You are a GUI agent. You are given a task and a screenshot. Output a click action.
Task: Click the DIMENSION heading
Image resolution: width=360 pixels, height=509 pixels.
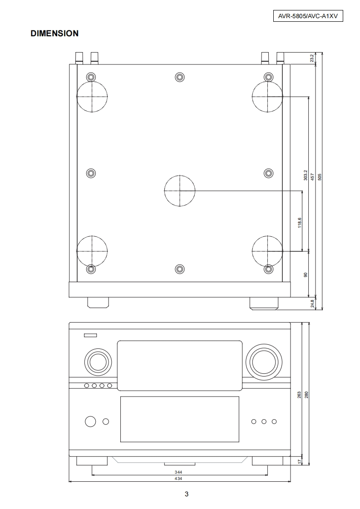coord(54,34)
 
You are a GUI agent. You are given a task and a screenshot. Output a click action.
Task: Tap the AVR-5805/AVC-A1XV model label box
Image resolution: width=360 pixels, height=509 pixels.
coord(308,16)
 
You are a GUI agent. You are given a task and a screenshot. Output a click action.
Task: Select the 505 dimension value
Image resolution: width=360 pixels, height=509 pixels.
coord(320,177)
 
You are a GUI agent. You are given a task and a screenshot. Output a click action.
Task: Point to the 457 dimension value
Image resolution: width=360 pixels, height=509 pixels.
coord(312,177)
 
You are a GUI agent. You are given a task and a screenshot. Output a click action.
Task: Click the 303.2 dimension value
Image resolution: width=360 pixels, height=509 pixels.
coord(306,175)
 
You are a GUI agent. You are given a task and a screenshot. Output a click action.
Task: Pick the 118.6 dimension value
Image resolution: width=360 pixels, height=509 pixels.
coord(300,223)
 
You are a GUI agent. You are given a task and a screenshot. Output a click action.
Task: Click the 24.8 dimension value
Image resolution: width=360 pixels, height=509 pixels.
coord(312,304)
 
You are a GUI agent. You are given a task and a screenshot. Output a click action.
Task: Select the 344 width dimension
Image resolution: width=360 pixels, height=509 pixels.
coord(178,472)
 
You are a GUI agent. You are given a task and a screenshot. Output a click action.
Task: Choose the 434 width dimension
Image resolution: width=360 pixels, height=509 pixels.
coord(178,479)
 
